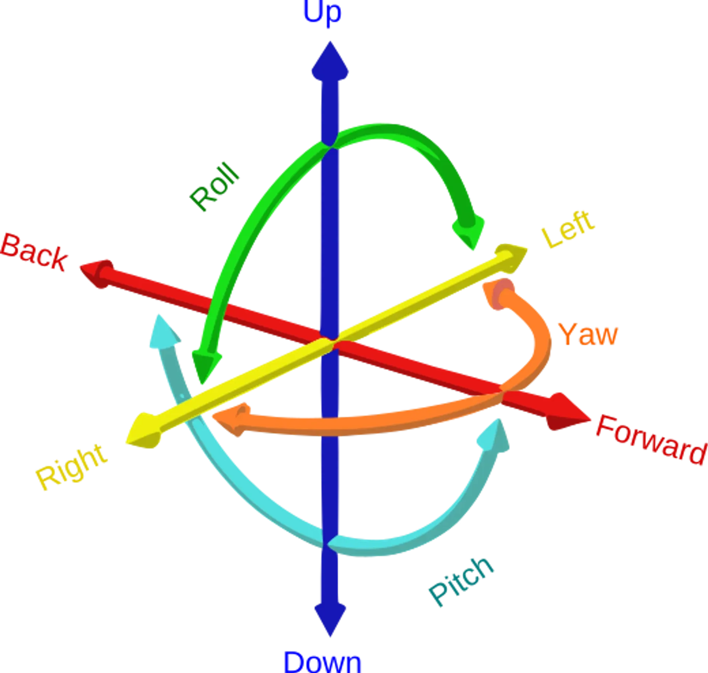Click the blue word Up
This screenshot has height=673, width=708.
coord(322,13)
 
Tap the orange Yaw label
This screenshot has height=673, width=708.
coord(588,334)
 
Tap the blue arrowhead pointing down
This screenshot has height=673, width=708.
coord(330,620)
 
